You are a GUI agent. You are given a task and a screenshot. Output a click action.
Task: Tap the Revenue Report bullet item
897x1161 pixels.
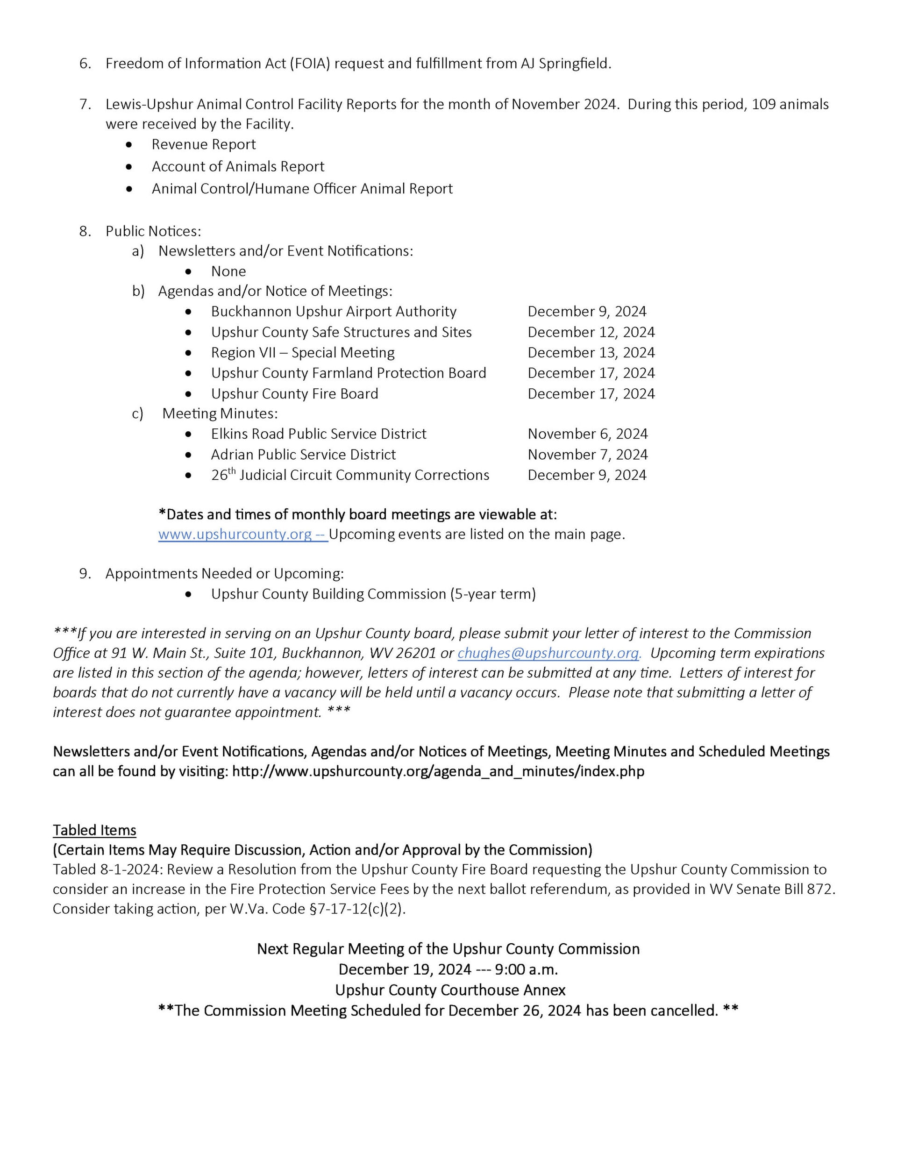pyautogui.click(x=204, y=144)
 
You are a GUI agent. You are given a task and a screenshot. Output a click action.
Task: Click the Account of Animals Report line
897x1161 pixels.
pyautogui.click(x=238, y=167)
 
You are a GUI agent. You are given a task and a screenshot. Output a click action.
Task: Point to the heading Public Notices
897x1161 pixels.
pyautogui.click(x=153, y=231)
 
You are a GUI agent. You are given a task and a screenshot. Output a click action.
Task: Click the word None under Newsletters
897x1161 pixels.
pyautogui.click(x=228, y=271)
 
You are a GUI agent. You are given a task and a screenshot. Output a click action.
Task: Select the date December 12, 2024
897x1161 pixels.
pyautogui.click(x=591, y=332)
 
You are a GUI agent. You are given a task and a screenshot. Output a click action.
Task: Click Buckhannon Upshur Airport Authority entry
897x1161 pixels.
pyautogui.click(x=334, y=312)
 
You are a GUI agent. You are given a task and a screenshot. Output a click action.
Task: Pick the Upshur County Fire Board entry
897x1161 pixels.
pyautogui.click(x=295, y=394)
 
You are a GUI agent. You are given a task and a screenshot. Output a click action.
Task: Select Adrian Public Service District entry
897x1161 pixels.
pyautogui.click(x=303, y=455)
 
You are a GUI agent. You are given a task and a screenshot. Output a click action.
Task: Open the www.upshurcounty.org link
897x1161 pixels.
pyautogui.click(x=235, y=534)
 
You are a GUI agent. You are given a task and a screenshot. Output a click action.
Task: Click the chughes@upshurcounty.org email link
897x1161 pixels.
pyautogui.click(x=548, y=653)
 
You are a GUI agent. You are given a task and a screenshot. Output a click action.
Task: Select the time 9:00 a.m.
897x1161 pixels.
pyautogui.click(x=527, y=969)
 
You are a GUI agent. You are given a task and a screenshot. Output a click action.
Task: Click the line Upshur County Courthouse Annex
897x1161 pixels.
pyautogui.click(x=450, y=990)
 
